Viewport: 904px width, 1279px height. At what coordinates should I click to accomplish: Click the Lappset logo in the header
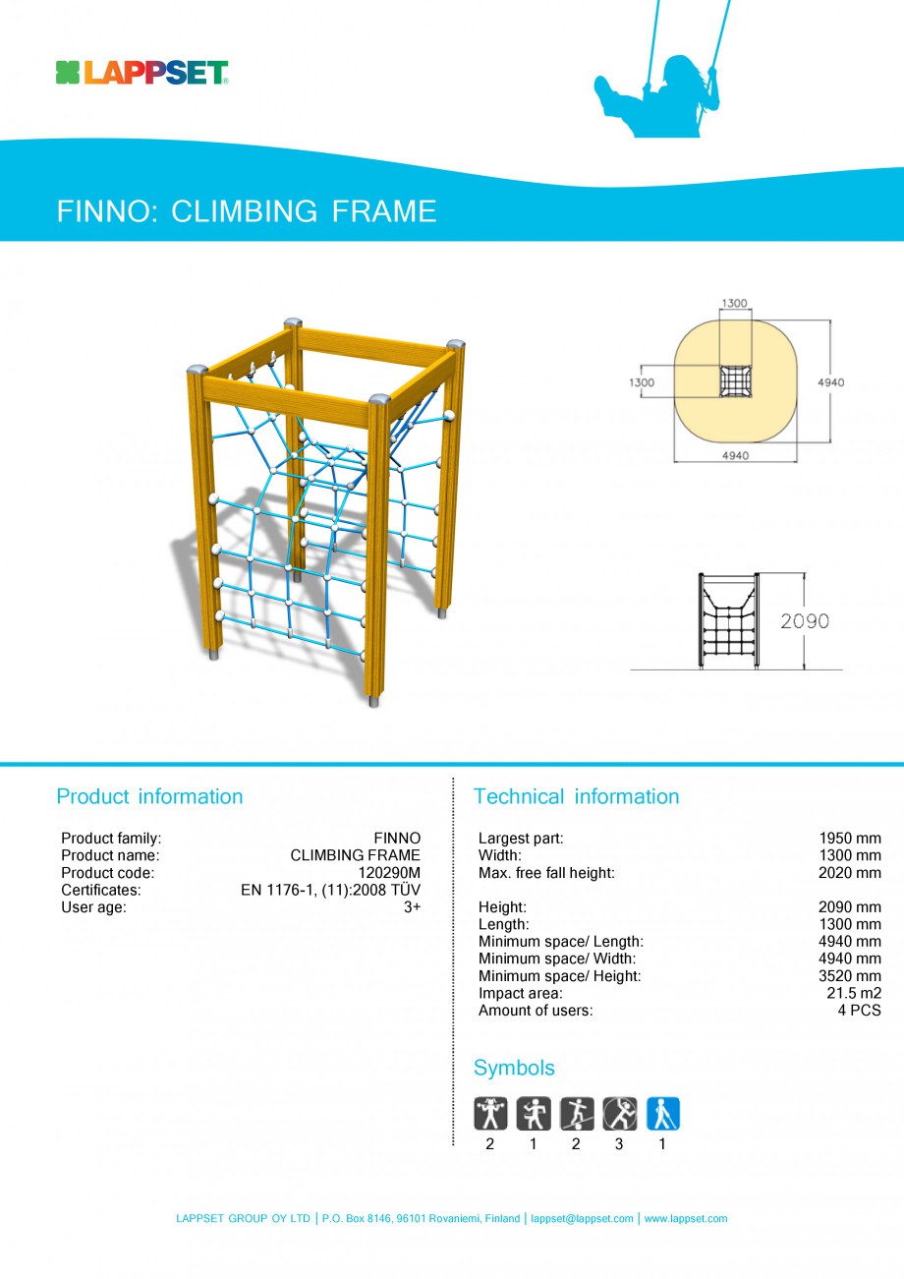141,73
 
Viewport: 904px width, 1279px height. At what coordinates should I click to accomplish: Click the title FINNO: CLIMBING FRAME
247,211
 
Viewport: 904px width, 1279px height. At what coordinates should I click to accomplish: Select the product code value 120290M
388,873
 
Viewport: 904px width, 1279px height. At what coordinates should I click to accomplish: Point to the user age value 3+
412,907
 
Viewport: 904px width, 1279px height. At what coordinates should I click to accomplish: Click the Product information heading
149,796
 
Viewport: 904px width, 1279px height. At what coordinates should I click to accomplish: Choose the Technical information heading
576,796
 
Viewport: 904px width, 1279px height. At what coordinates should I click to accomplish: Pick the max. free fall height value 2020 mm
850,873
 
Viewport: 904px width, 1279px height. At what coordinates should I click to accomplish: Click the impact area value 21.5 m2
854,993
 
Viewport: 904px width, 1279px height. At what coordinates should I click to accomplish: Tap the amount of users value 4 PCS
859,1011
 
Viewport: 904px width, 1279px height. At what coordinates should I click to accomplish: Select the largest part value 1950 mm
850,839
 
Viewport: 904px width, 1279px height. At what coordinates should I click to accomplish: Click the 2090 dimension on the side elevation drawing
805,621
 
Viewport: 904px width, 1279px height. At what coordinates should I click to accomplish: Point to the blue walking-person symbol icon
662,1113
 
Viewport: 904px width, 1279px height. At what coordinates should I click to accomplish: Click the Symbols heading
514,1068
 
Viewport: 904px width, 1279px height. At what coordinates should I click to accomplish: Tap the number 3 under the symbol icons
619,1144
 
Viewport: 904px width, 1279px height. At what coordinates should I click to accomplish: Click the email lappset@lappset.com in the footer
582,1219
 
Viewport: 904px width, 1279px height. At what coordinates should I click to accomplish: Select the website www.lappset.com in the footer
686,1219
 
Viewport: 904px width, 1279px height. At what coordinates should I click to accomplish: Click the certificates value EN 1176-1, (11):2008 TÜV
330,891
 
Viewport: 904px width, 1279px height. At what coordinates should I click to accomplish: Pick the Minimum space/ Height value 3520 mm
850,976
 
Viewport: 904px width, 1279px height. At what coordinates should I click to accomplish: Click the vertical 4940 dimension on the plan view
829,382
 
